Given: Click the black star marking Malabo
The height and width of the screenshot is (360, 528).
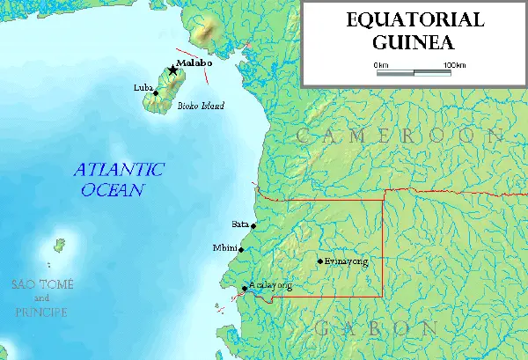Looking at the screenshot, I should click(x=172, y=70).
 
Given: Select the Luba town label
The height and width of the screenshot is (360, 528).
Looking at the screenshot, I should click(x=141, y=89).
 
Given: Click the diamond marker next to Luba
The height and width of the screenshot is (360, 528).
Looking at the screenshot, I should click(x=156, y=92).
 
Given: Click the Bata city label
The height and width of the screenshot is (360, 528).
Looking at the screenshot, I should click(x=239, y=224).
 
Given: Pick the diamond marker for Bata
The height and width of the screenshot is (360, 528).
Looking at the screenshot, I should click(x=253, y=226).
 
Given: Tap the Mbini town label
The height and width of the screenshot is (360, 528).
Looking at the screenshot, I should click(x=225, y=248).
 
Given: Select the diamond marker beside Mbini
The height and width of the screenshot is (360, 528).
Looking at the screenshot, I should click(x=241, y=249).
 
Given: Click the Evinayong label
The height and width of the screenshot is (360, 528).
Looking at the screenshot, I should click(x=345, y=261).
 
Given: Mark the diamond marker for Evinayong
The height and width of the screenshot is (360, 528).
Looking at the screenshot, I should click(x=319, y=261).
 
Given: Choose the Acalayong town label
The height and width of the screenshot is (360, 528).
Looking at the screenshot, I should click(x=270, y=285).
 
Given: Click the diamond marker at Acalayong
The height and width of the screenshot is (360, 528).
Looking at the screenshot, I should click(x=245, y=288).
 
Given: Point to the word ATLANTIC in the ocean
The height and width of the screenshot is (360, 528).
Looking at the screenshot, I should click(x=119, y=170).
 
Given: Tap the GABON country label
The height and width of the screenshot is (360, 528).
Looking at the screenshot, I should click(x=377, y=328).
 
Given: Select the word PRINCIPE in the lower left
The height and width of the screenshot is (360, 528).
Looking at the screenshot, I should click(x=41, y=311).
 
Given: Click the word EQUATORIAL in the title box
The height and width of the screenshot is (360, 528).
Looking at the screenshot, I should click(x=414, y=20).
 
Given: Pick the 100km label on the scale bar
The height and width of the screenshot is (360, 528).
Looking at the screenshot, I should click(x=453, y=65).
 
